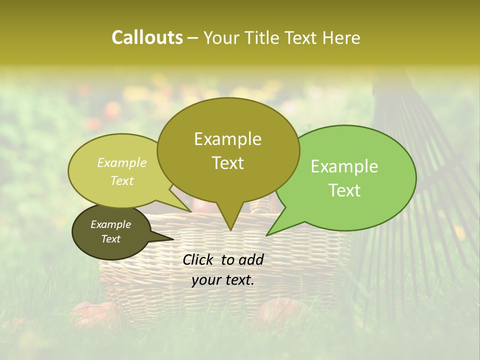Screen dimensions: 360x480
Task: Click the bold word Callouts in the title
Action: pyautogui.click(x=147, y=37)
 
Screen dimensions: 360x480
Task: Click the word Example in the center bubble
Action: pyautogui.click(x=227, y=139)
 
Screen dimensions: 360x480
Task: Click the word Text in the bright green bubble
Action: pyautogui.click(x=344, y=190)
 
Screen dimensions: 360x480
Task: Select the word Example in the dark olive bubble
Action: pyautogui.click(x=110, y=224)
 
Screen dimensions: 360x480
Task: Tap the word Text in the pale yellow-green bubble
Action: pyautogui.click(x=122, y=181)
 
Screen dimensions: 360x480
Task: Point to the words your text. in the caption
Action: pyautogui.click(x=222, y=280)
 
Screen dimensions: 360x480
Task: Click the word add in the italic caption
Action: pyautogui.click(x=251, y=259)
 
